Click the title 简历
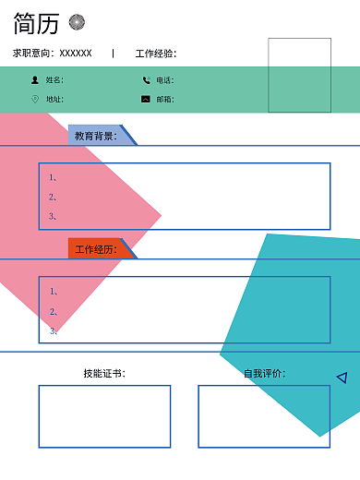pyautogui.click(x=36, y=24)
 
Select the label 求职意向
pyautogui.click(x=32, y=54)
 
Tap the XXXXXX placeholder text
pyautogui.click(x=76, y=54)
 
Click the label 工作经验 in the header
pyautogui.click(x=155, y=54)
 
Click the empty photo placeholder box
pyautogui.click(x=299, y=74)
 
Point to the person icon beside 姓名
pyautogui.click(x=35, y=80)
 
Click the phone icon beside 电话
pyautogui.click(x=146, y=80)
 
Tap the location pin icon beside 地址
pyautogui.click(x=35, y=99)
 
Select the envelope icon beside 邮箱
pyautogui.click(x=146, y=99)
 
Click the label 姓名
pyautogui.click(x=54, y=80)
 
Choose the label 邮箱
pyautogui.click(x=164, y=99)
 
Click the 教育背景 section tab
pyautogui.click(x=97, y=136)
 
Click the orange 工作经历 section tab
pyautogui.click(x=96, y=249)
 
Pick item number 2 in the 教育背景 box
pyautogui.click(x=53, y=197)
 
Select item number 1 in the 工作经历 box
pyautogui.click(x=53, y=292)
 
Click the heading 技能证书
pyautogui.click(x=103, y=373)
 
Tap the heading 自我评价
pyautogui.click(x=264, y=373)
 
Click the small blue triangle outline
pyautogui.click(x=342, y=377)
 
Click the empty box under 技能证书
pyautogui.click(x=104, y=416)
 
